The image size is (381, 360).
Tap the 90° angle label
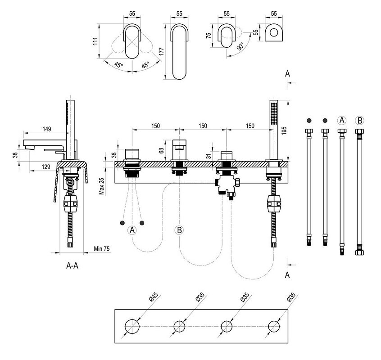[240, 47]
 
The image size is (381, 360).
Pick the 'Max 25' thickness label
[102, 186]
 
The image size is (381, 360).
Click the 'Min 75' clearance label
[102, 248]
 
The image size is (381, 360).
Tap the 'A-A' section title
[73, 265]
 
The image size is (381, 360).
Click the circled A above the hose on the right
[342, 120]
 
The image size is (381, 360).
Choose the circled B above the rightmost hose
[359, 120]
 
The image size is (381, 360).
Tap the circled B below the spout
[179, 230]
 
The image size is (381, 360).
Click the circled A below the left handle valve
[132, 230]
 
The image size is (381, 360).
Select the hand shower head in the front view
[273, 115]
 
